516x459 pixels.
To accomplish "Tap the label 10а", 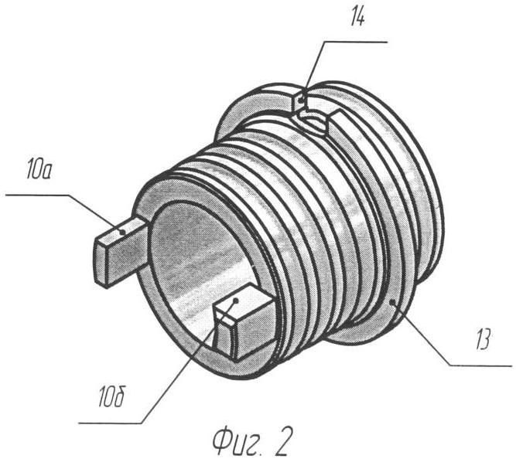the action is (39, 171).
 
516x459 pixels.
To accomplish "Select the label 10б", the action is (111, 398).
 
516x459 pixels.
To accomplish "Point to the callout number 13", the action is (481, 339).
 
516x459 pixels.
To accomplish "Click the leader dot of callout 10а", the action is (122, 232).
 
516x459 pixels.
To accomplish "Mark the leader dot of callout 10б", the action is (235, 300).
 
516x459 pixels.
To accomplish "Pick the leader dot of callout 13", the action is (392, 302).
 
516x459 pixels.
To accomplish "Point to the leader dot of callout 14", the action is (302, 97).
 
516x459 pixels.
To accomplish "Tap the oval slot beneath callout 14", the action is (313, 122).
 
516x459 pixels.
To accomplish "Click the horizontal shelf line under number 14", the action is (355, 42).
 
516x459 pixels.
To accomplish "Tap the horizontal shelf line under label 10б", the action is (111, 423).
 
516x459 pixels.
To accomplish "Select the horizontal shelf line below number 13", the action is (481, 365).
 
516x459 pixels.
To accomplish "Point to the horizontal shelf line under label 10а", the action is (38, 195).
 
